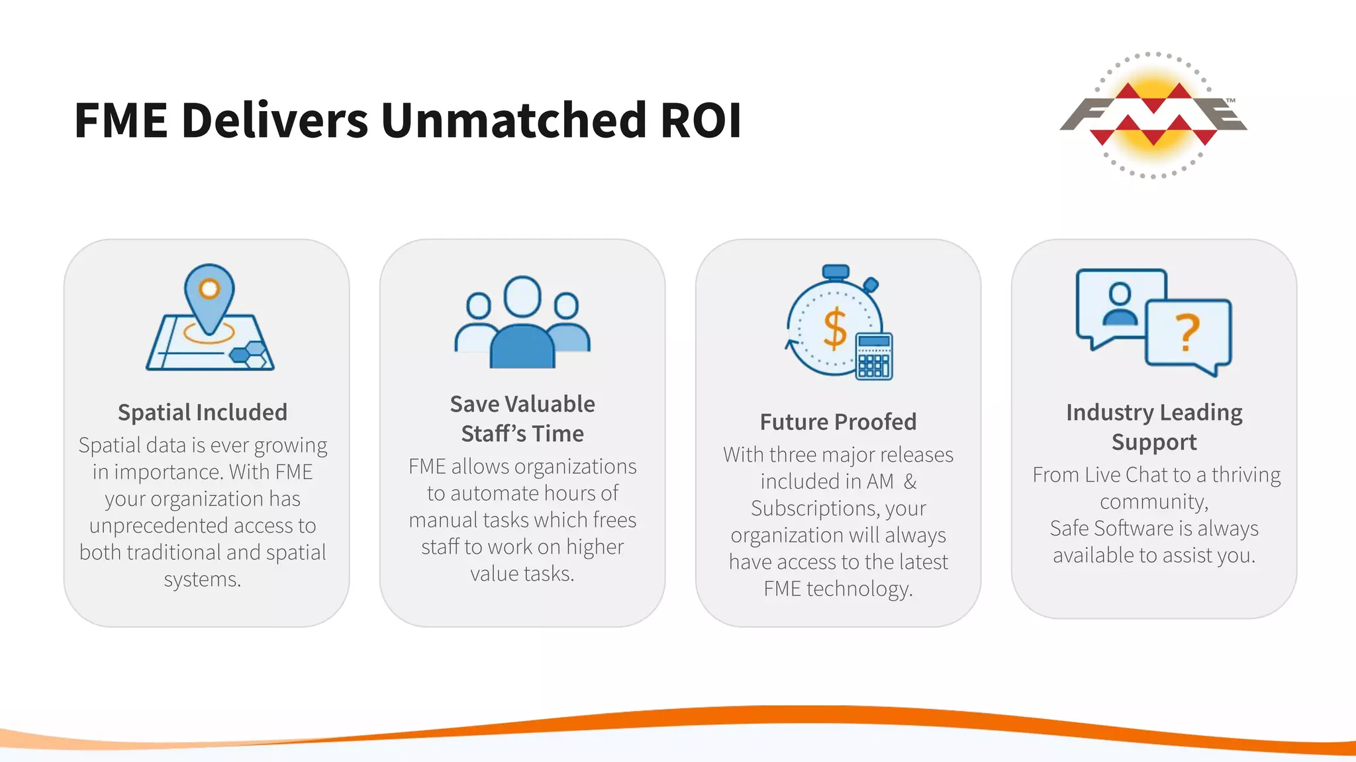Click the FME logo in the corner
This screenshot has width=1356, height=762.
tap(1153, 115)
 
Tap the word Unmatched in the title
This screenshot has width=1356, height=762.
tap(513, 120)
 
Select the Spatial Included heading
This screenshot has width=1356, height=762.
tap(203, 412)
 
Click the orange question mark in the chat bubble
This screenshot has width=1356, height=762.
tap(1187, 332)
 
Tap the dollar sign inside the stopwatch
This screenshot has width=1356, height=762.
tap(834, 328)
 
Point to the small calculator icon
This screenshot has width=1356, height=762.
tap(874, 356)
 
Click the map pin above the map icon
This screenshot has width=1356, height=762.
tap(209, 296)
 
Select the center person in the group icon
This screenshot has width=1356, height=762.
tap(522, 324)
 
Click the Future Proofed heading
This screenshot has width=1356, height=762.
tap(838, 421)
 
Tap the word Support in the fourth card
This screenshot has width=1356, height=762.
tap(1154, 442)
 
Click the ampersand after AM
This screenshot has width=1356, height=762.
tap(910, 482)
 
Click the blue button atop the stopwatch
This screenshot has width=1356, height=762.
tap(836, 272)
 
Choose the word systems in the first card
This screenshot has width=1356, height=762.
tap(202, 579)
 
